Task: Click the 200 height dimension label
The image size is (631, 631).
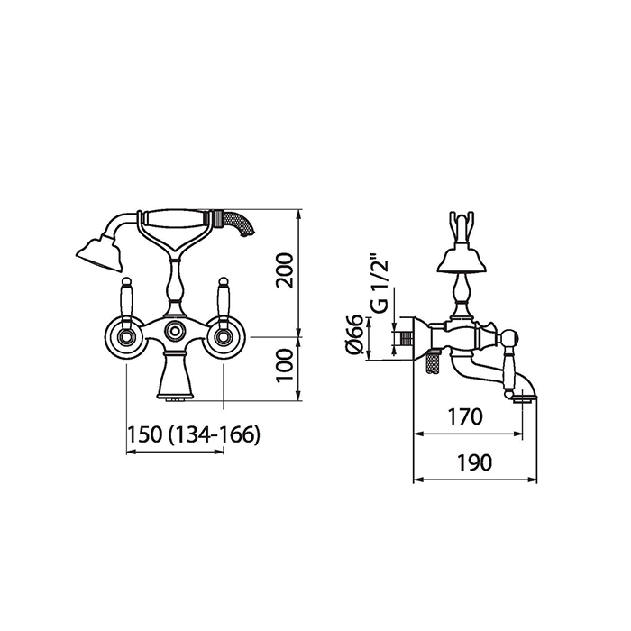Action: tap(286, 270)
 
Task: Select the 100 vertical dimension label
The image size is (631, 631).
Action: tap(286, 365)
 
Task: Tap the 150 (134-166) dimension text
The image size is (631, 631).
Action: tap(194, 434)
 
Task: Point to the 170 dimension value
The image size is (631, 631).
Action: tap(465, 416)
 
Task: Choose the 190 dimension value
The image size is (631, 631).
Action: tap(474, 462)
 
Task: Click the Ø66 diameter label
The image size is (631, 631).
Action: tap(354, 334)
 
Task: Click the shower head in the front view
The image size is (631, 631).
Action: tap(99, 252)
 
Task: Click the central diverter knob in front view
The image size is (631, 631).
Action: tap(175, 331)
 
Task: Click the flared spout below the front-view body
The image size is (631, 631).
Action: tap(175, 376)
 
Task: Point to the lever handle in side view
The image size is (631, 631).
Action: tap(510, 360)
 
